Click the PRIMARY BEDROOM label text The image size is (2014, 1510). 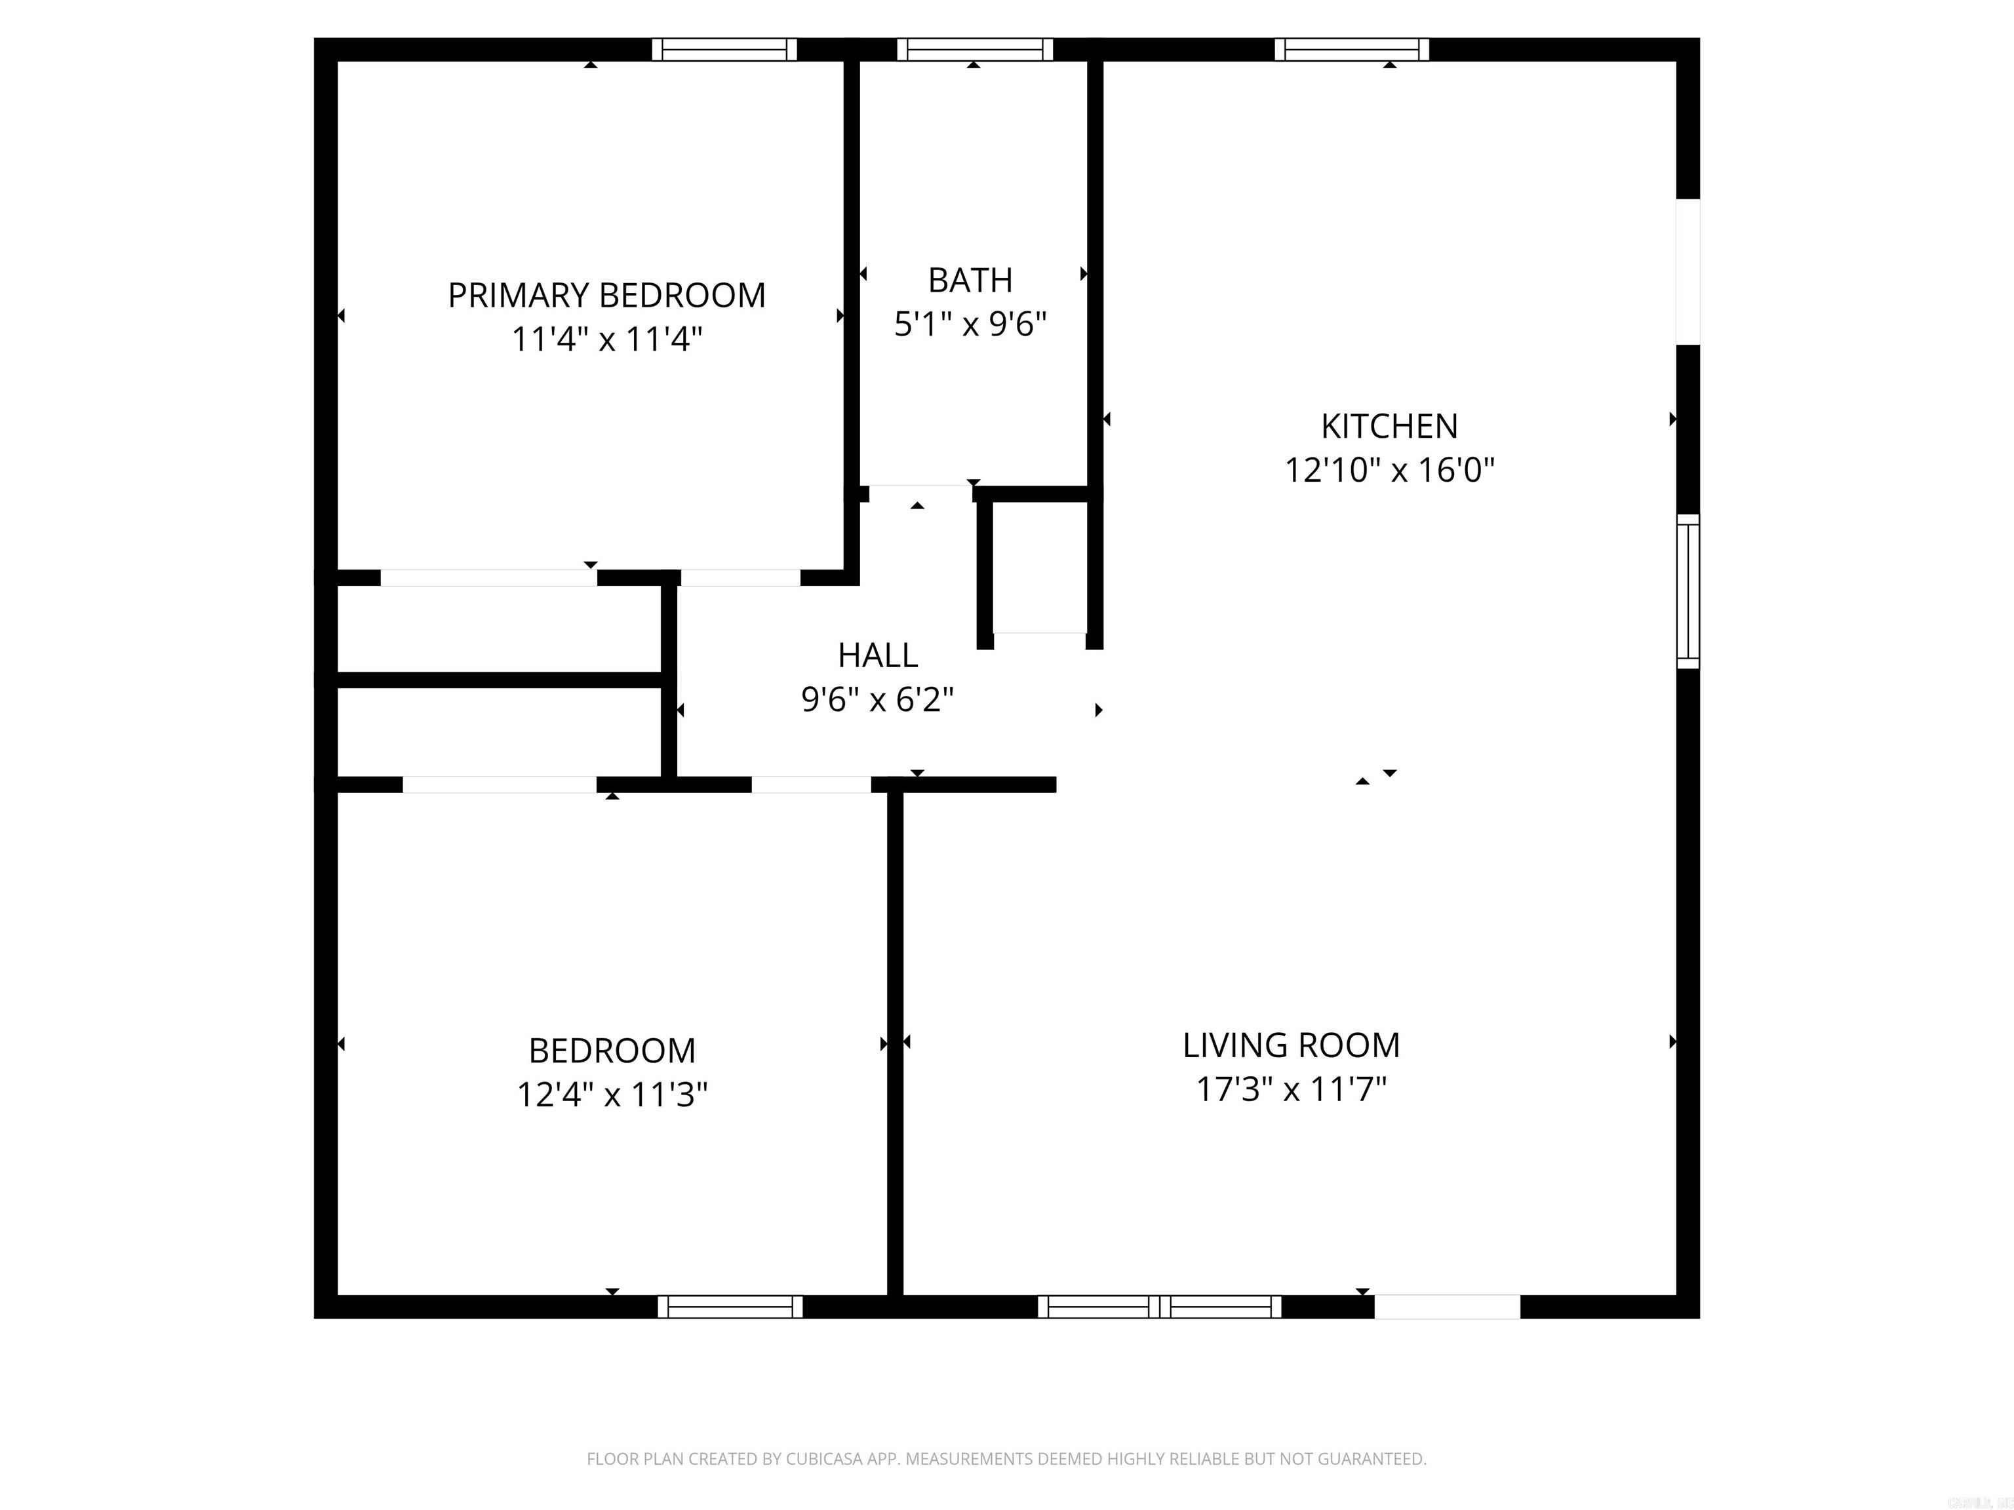point(606,296)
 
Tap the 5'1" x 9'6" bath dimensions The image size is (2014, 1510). point(970,324)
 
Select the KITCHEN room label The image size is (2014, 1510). point(1389,426)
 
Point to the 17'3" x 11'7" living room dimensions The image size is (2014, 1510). point(1290,1089)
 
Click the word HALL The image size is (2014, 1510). point(878,655)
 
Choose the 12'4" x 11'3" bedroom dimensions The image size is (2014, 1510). point(612,1094)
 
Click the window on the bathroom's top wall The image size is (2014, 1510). point(974,50)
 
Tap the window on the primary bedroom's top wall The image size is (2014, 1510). point(724,50)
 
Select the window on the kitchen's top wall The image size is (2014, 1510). point(1351,50)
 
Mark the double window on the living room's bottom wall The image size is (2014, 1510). point(1159,1307)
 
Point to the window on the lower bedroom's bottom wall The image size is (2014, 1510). point(730,1307)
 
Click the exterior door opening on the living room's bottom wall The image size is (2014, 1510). point(1447,1307)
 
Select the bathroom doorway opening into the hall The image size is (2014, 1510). point(920,494)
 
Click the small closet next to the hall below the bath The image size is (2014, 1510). point(1039,569)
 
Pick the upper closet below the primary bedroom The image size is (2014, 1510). point(499,630)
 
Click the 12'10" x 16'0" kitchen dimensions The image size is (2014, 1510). point(1389,471)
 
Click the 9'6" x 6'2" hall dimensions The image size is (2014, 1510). point(878,700)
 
